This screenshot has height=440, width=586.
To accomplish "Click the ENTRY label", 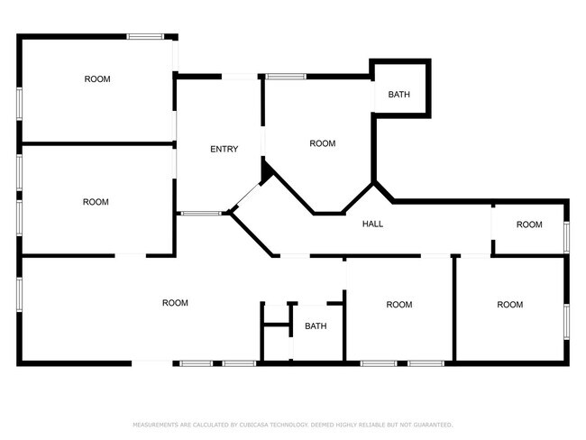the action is pyautogui.click(x=224, y=149).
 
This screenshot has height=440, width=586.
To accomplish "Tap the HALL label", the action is pyautogui.click(x=372, y=224).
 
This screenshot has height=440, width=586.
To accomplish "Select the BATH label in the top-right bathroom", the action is pyautogui.click(x=399, y=95).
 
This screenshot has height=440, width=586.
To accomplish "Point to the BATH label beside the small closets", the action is pyautogui.click(x=316, y=326).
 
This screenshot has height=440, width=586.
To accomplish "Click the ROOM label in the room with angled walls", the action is pyautogui.click(x=323, y=143).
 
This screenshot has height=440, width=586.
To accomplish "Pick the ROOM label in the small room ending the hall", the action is pyautogui.click(x=529, y=225).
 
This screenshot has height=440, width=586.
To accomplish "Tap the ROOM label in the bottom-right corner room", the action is pyautogui.click(x=509, y=305).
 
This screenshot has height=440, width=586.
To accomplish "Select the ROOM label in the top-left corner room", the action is pyautogui.click(x=97, y=79).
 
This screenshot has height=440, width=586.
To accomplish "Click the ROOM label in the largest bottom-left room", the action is pyautogui.click(x=175, y=303).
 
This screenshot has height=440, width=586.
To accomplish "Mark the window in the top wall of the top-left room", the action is pyautogui.click(x=145, y=37).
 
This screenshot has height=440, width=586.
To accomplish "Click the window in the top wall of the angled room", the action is pyautogui.click(x=286, y=77).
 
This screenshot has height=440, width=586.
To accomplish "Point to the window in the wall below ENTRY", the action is pyautogui.click(x=201, y=214).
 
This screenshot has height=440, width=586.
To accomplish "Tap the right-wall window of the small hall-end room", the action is pyautogui.click(x=566, y=237).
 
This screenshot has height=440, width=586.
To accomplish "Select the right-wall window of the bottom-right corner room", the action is pyautogui.click(x=566, y=322).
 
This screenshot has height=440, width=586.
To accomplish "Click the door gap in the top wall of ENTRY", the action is pyautogui.click(x=240, y=77).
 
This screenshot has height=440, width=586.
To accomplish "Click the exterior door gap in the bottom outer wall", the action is pyautogui.click(x=152, y=363).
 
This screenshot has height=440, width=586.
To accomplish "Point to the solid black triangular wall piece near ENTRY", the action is pyautogui.click(x=267, y=171).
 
